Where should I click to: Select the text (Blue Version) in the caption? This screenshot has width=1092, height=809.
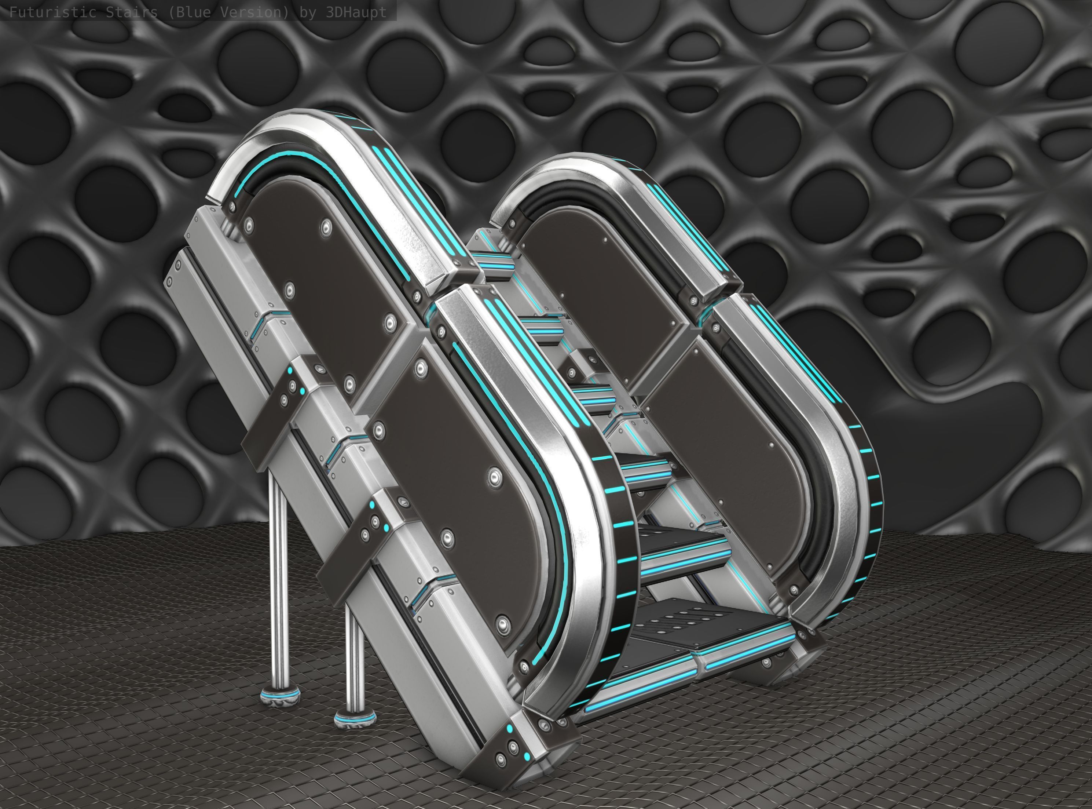coord(228,12)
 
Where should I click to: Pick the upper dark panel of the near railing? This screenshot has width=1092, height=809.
coord(318,274)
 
